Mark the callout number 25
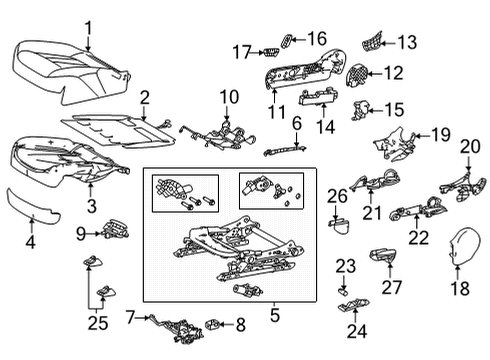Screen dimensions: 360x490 96,323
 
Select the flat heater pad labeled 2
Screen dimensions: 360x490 110,125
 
